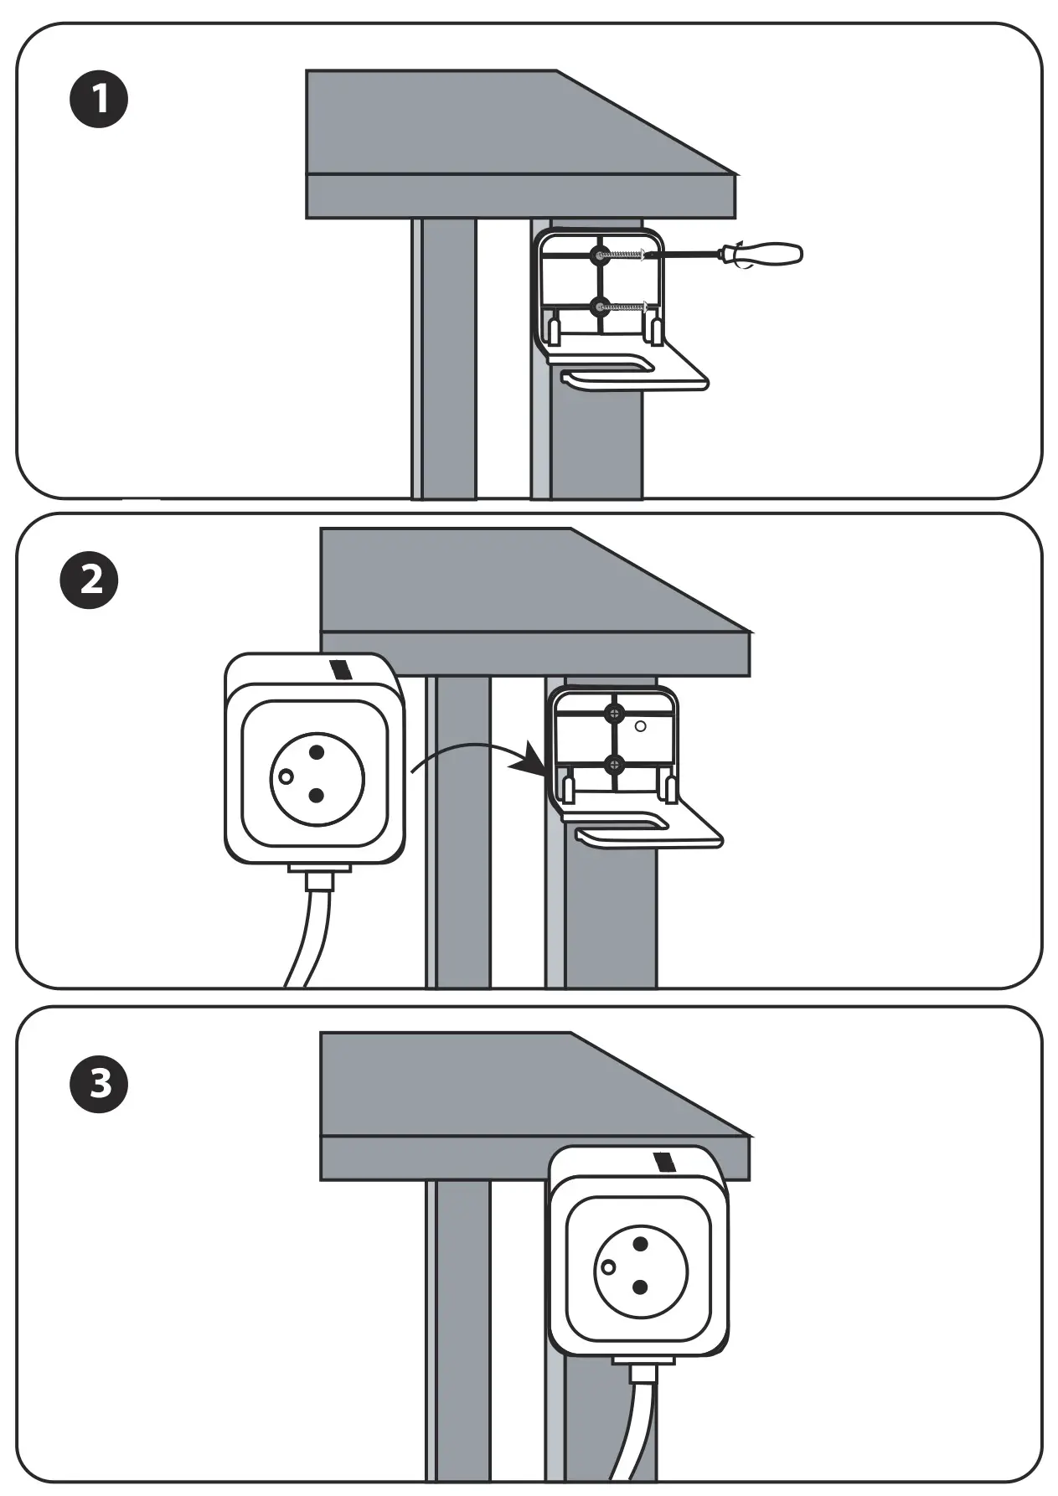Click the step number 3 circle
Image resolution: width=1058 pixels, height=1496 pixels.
tap(99, 1082)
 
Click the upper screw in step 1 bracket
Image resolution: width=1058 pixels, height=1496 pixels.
tap(600, 255)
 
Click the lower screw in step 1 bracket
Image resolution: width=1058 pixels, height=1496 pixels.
tap(600, 307)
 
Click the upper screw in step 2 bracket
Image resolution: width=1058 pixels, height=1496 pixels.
tap(615, 714)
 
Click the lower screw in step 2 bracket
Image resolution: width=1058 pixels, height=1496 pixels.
tap(615, 764)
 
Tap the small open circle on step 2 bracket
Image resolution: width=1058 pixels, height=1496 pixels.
tap(641, 726)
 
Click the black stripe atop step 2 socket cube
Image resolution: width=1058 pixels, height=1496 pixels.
tap(341, 669)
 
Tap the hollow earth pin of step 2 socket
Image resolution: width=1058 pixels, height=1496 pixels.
tap(286, 776)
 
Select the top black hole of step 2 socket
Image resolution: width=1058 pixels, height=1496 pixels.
tap(317, 752)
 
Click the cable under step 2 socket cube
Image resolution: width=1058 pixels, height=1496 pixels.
tap(312, 930)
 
